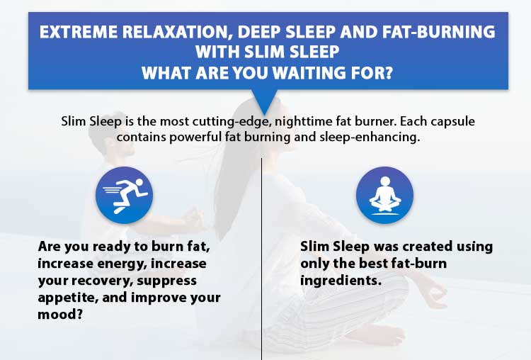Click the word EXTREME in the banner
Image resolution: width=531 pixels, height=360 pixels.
[x=79, y=32]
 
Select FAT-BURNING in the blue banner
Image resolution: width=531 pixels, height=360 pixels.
[x=438, y=32]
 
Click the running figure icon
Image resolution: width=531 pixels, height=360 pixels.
[x=125, y=196]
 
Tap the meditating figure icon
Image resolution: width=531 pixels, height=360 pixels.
[x=384, y=196]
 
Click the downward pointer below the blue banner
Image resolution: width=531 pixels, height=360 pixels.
[x=265, y=102]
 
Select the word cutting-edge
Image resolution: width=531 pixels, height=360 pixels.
[x=232, y=122]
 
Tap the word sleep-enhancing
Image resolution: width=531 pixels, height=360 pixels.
[x=370, y=137]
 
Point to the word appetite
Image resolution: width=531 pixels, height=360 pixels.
[x=69, y=298]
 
